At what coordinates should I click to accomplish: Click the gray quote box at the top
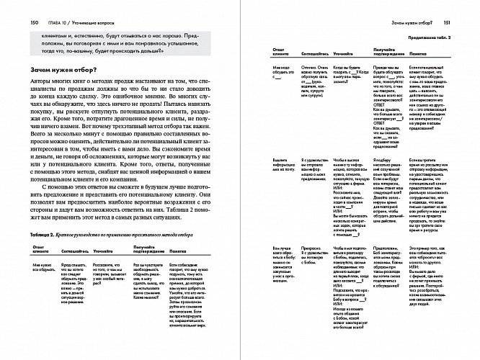[x=119, y=43]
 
